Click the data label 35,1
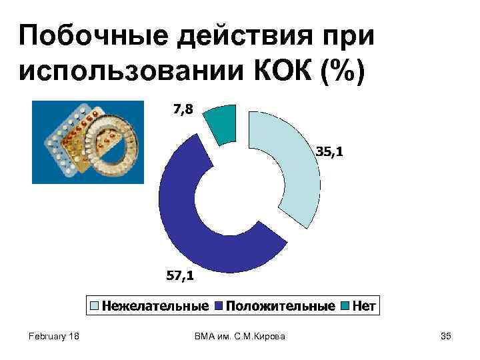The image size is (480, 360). click(329, 153)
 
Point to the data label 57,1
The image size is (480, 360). click(181, 275)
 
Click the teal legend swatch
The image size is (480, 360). click(344, 307)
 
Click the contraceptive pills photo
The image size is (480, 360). click(87, 141)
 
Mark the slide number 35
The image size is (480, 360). click(446, 337)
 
